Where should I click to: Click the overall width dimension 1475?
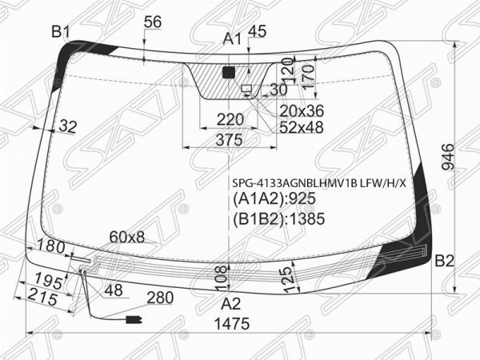[x=232, y=323]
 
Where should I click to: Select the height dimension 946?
[x=449, y=156]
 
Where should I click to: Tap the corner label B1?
[x=61, y=31]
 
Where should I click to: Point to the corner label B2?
[x=444, y=261]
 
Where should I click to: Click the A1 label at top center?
[x=232, y=39]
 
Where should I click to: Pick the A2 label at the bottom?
[x=231, y=304]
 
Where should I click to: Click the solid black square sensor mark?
[x=229, y=73]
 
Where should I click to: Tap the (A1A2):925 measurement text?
[x=274, y=199]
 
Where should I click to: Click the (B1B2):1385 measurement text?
[x=278, y=219]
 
